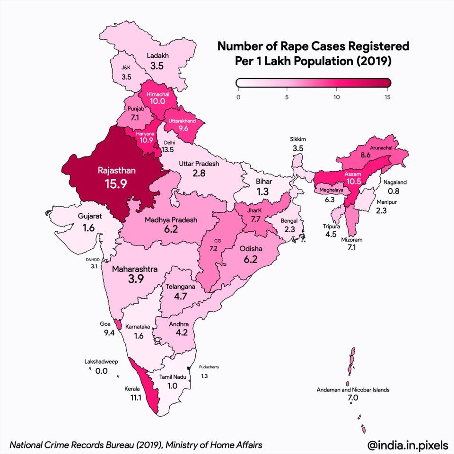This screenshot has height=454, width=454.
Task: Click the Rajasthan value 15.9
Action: pyautogui.click(x=116, y=183)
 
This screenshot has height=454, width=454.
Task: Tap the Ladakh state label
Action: pyautogui.click(x=157, y=55)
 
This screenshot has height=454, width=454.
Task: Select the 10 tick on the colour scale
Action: pyautogui.click(x=336, y=97)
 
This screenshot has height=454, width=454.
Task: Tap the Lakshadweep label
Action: pyautogui.click(x=101, y=361)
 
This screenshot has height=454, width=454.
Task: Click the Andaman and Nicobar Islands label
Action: pyautogui.click(x=353, y=390)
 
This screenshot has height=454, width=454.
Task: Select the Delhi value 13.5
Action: pyautogui.click(x=168, y=150)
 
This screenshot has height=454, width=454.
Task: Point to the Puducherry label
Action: pyautogui.click(x=209, y=367)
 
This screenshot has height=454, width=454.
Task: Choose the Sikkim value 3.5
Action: pyautogui.click(x=298, y=148)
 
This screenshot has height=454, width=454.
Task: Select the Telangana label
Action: pyautogui.click(x=180, y=287)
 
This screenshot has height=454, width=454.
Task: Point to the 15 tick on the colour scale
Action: pyautogui.click(x=388, y=97)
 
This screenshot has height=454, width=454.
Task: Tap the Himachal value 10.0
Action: pyautogui.click(x=158, y=101)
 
